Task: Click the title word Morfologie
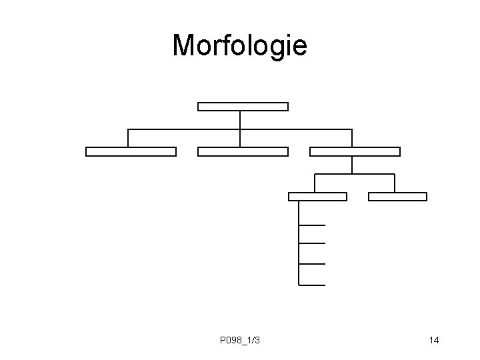point(239,45)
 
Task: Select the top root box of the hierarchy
point(243,106)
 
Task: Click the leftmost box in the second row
point(131,151)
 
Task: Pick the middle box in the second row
point(243,151)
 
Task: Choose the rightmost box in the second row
point(355,151)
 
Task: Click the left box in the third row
point(317,196)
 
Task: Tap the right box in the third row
point(397,196)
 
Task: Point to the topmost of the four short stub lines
point(313,225)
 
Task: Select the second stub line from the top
point(313,244)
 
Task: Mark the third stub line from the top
point(313,264)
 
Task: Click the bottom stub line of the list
point(313,285)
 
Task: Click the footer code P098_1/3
point(239,341)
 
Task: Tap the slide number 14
point(434,341)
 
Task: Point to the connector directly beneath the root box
point(240,119)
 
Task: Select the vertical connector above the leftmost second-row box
point(128,137)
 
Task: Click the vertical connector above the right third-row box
point(395,183)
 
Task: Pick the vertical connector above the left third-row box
point(315,183)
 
